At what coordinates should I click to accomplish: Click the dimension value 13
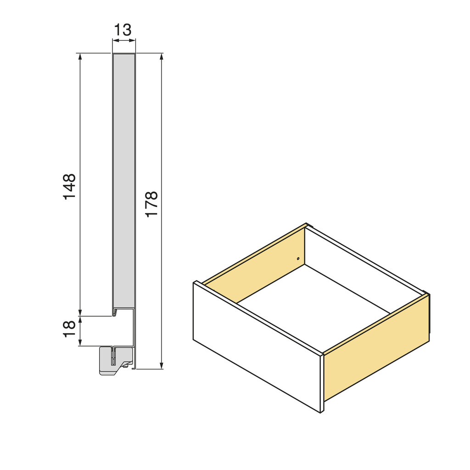coord(123,30)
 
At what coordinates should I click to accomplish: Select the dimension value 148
coord(69,186)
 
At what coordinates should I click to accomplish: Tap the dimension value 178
coord(151,204)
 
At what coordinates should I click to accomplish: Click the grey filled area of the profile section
coord(124,179)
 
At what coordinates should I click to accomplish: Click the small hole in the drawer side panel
coord(298,259)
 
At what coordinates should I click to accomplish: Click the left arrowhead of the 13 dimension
coord(115,40)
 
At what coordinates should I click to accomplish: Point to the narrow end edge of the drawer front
coord(322,383)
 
